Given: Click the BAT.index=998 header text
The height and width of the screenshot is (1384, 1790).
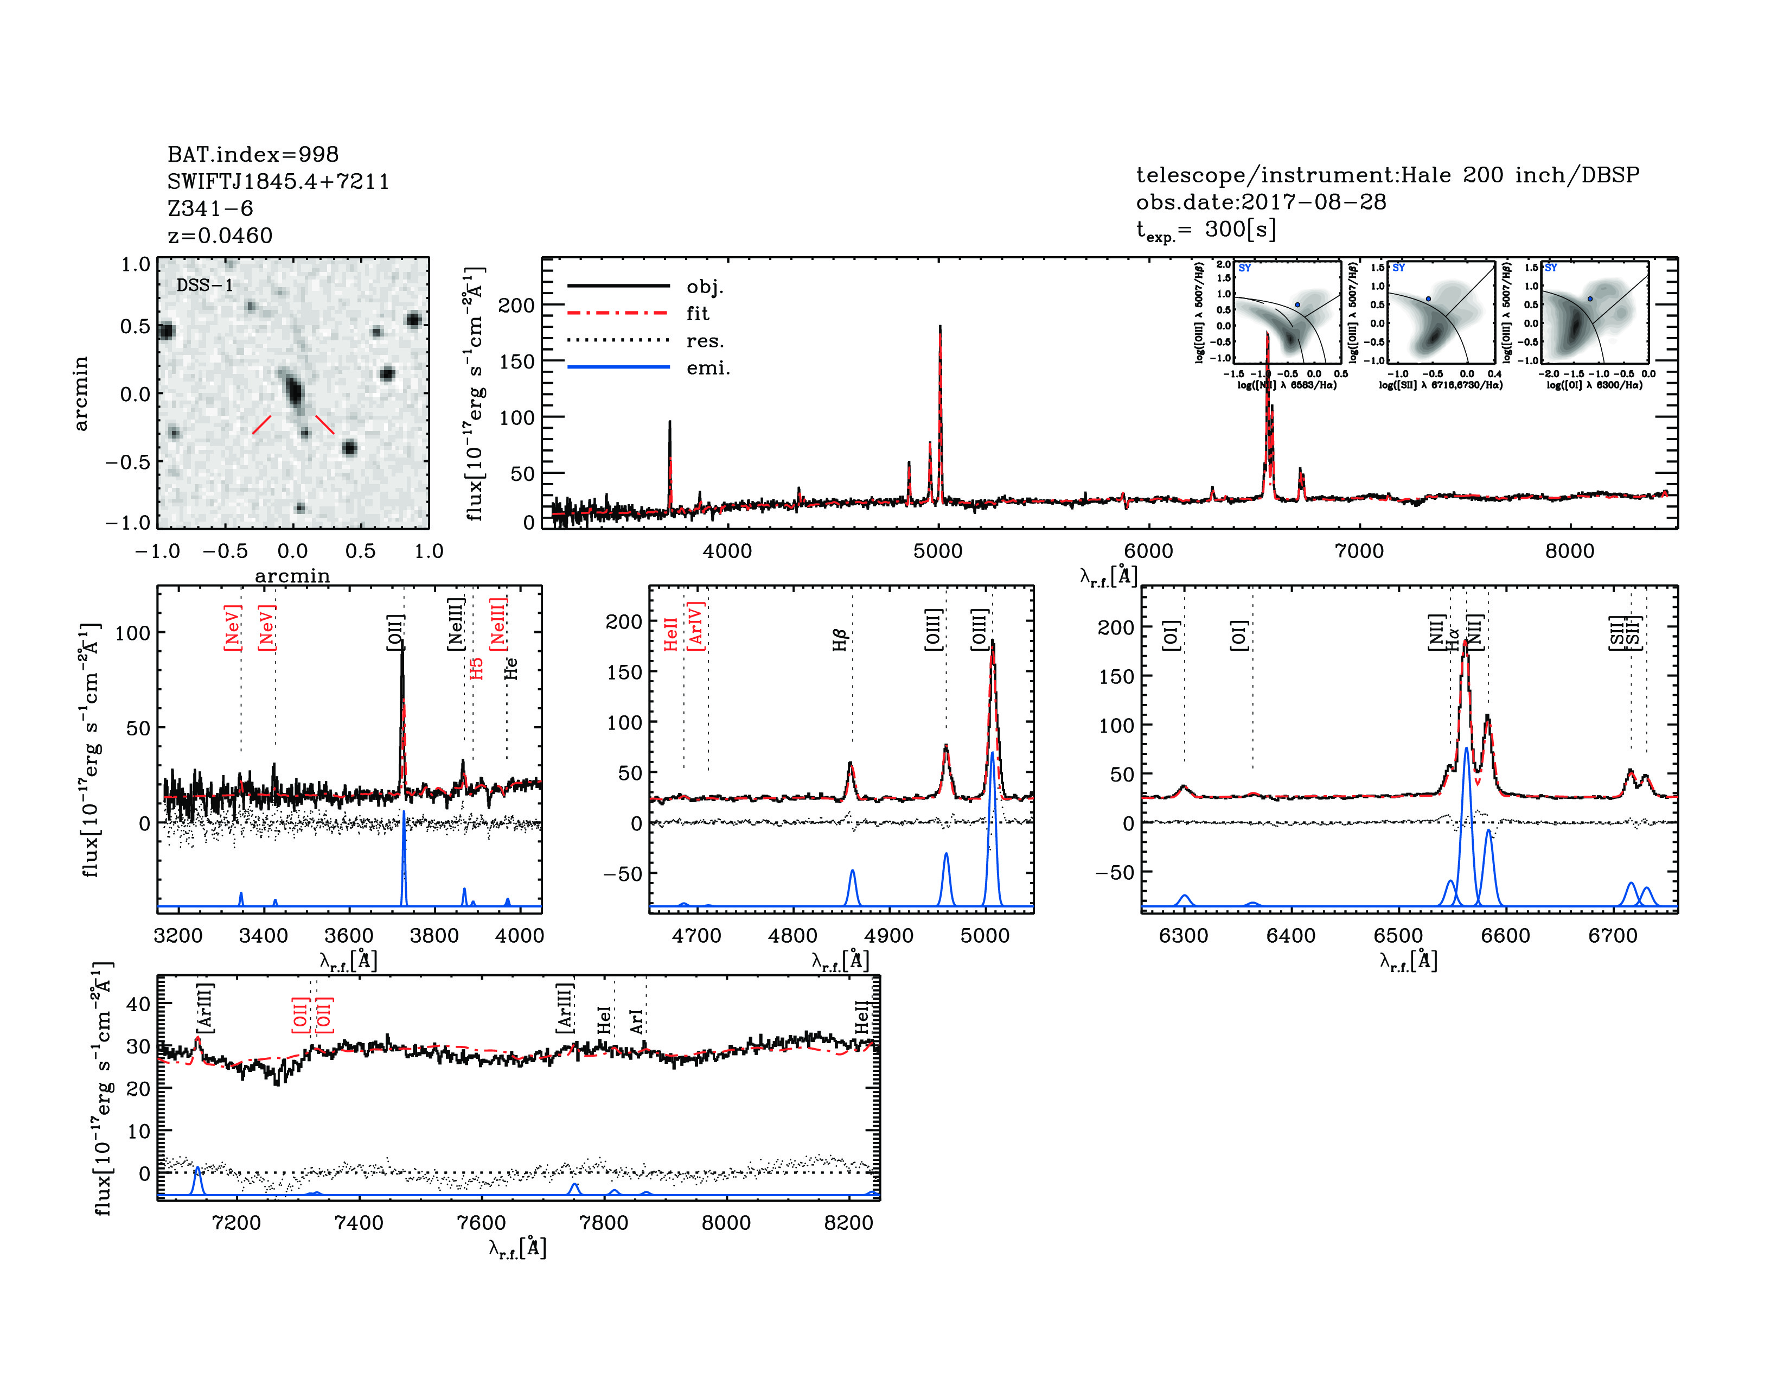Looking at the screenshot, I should (252, 154).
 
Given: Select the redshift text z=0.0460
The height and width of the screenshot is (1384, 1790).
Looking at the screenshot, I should (220, 236).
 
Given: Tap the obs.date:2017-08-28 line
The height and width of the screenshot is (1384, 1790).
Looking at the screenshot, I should (1261, 202).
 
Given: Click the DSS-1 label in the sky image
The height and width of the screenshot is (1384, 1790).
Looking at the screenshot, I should (205, 285).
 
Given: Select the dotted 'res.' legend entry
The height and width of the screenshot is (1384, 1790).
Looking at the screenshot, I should (705, 341).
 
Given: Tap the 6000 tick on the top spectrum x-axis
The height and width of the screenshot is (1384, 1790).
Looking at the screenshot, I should (1148, 551).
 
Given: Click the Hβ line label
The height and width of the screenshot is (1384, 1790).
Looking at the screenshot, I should (840, 639).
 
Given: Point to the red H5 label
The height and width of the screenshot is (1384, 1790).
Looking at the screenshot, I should (476, 668).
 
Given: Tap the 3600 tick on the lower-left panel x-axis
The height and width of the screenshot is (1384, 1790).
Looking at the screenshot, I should (349, 936).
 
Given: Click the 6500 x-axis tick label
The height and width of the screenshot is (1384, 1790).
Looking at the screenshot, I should (1398, 936).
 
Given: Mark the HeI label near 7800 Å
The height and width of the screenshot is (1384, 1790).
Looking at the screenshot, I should (604, 1020).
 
